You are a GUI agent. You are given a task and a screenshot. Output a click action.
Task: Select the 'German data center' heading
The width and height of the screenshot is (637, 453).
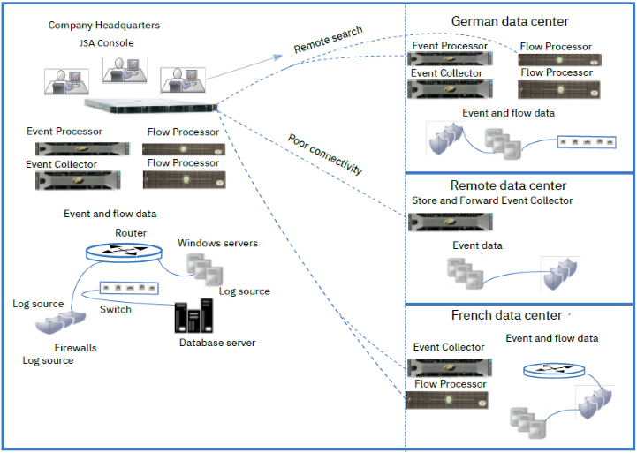pyautogui.click(x=510, y=21)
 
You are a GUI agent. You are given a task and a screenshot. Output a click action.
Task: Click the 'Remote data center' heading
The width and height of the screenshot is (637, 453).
pyautogui.click(x=508, y=185)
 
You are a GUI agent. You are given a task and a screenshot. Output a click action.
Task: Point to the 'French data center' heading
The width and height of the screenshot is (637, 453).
pyautogui.click(x=506, y=315)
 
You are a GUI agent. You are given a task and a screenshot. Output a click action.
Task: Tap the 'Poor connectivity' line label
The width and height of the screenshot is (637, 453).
pyautogui.click(x=325, y=155)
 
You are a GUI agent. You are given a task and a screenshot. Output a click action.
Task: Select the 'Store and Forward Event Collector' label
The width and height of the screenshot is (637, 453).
pyautogui.click(x=492, y=200)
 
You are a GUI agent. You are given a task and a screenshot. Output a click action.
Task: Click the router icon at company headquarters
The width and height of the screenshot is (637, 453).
pyautogui.click(x=125, y=251)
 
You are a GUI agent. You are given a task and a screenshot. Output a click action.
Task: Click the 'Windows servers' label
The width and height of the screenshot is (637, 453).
pyautogui.click(x=217, y=243)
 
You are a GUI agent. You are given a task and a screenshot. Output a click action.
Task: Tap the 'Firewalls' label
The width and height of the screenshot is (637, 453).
pyautogui.click(x=75, y=348)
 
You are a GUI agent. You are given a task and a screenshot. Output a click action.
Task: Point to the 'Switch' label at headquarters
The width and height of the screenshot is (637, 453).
pyautogui.click(x=116, y=309)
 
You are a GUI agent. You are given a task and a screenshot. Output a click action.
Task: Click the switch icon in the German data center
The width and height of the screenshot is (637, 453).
pyautogui.click(x=586, y=141)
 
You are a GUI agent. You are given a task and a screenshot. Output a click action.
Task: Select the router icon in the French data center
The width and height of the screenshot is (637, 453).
pyautogui.click(x=553, y=370)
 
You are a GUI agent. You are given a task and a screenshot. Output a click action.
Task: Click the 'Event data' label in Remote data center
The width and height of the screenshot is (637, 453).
pyautogui.click(x=477, y=245)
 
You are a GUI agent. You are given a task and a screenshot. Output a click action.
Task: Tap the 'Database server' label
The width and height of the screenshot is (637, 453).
pyautogui.click(x=217, y=343)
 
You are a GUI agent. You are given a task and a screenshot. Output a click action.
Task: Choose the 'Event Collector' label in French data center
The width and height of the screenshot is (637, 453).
pyautogui.click(x=449, y=347)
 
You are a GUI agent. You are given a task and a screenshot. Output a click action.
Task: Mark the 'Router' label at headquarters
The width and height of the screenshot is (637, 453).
pyautogui.click(x=131, y=232)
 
